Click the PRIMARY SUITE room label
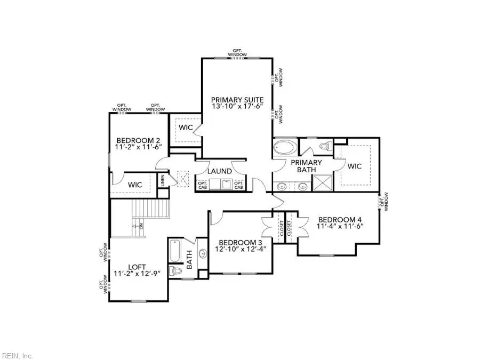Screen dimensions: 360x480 click(237, 100)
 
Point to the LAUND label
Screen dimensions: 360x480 click(219, 171)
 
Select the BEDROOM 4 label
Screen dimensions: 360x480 click(340, 219)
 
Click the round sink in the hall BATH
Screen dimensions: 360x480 click(203, 253)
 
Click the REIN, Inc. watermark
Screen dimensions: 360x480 click(18, 355)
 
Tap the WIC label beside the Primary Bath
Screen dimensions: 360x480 click(355, 166)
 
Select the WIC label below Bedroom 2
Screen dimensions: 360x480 click(135, 185)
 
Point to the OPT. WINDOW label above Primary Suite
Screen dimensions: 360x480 click(238, 53)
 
